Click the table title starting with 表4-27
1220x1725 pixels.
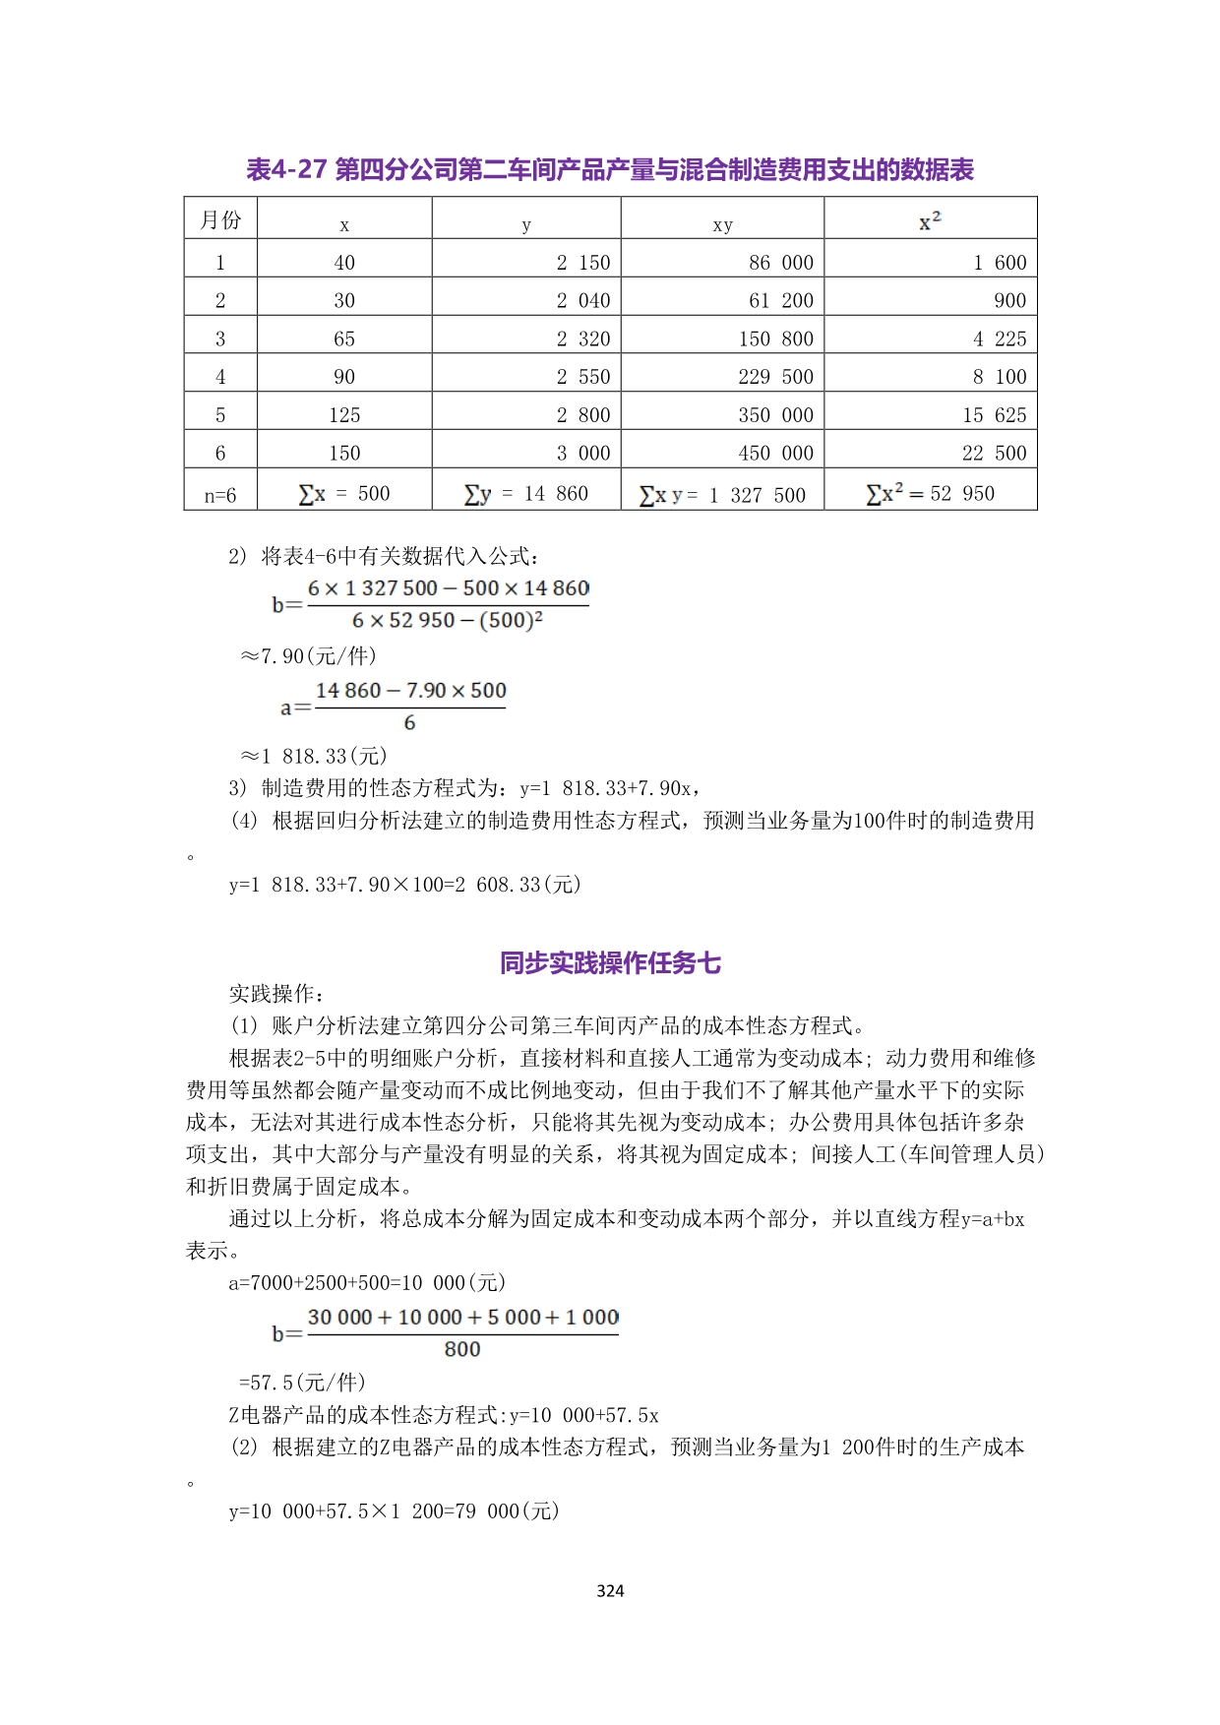click(610, 170)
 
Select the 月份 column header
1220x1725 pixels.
click(220, 219)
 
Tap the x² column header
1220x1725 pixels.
click(930, 220)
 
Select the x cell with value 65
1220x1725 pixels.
click(344, 339)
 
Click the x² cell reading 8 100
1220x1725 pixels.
click(999, 377)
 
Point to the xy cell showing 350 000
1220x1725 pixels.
click(775, 415)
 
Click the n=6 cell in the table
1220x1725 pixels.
click(220, 495)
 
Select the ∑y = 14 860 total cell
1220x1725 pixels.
click(526, 494)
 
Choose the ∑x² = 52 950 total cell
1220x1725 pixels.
click(930, 494)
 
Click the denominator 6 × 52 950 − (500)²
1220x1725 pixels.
click(448, 621)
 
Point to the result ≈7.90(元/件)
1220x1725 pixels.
click(309, 656)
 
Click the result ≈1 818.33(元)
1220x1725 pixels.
click(315, 756)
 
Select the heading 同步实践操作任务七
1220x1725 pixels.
click(610, 962)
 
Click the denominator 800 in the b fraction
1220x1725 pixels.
click(462, 1350)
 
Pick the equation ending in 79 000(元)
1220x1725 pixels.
click(395, 1511)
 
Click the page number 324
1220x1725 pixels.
click(610, 1591)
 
